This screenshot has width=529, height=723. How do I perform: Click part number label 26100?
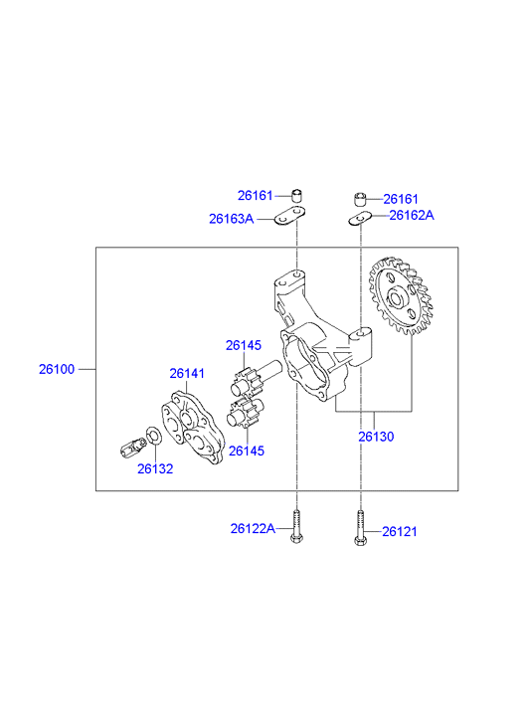pos(57,369)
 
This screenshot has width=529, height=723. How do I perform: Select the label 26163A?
pos(231,219)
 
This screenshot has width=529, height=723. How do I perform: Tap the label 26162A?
pos(412,216)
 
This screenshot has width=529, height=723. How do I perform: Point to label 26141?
pos(187,373)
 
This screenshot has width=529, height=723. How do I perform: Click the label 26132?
pos(155,468)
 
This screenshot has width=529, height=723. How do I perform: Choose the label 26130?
pos(376,437)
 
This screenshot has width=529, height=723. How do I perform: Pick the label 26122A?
pos(253,528)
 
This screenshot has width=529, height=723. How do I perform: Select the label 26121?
pos(400,532)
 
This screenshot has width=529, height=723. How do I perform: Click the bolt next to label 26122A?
pos(296,526)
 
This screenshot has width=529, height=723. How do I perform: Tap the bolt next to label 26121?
pos(360,528)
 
